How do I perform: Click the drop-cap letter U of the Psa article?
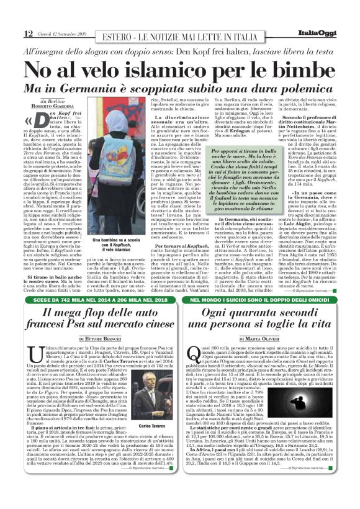(35, 353)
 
